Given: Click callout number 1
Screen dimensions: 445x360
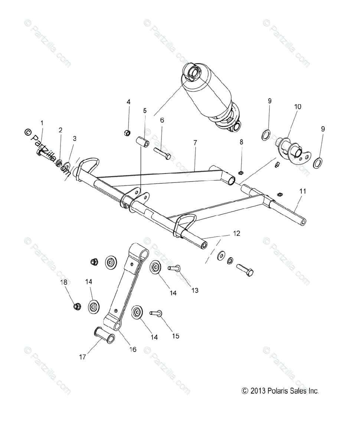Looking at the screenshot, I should (x=42, y=122).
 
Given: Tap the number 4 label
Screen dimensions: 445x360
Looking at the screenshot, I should (x=128, y=102).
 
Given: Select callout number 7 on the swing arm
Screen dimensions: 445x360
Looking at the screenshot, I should (x=195, y=142).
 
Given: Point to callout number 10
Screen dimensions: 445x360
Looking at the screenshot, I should (x=298, y=106).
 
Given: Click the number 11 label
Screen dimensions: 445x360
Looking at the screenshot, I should (x=303, y=191).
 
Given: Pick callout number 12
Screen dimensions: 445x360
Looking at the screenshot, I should (x=236, y=233).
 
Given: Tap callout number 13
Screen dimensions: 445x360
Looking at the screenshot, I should (x=194, y=290).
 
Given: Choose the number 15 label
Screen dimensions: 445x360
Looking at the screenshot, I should (x=175, y=336).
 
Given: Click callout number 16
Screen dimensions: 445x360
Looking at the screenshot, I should (x=132, y=349).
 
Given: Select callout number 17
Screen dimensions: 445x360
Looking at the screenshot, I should (x=82, y=357).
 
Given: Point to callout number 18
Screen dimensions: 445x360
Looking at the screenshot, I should (x=64, y=282).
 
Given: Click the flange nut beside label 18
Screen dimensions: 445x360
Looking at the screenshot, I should (x=77, y=306).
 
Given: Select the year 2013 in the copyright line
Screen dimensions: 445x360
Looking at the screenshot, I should (x=258, y=391).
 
